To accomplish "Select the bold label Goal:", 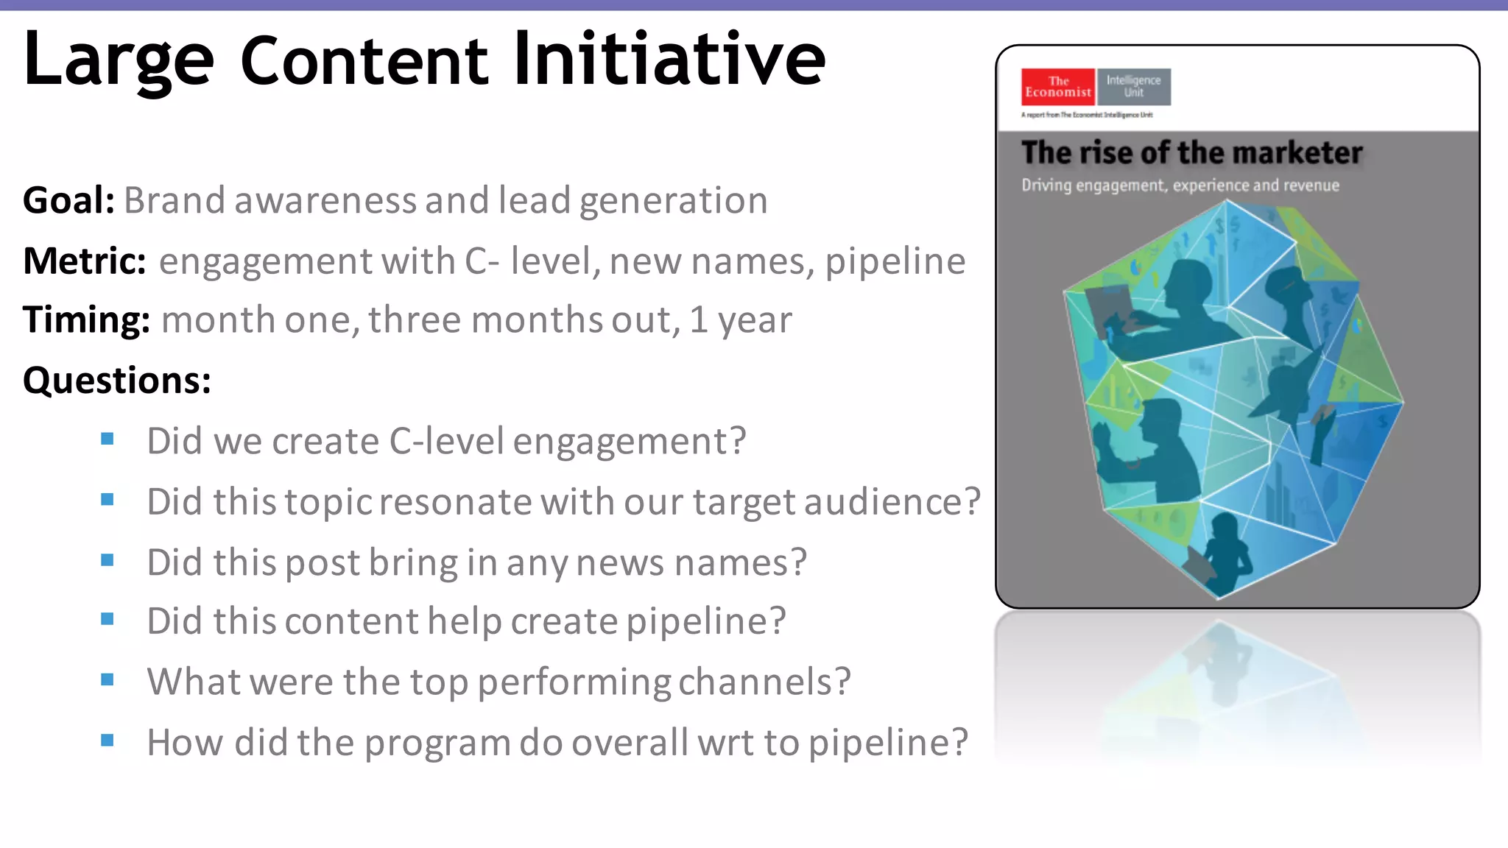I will (x=68, y=200).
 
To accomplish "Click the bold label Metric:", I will (x=85, y=261).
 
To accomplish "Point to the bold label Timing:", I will (x=86, y=320).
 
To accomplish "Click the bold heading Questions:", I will (x=117, y=381).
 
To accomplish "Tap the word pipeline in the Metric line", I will (x=895, y=262).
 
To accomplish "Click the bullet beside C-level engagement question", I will (x=108, y=439).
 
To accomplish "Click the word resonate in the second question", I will (x=456, y=502).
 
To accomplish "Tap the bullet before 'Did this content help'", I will (x=108, y=619).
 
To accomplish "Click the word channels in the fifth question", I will (x=764, y=682).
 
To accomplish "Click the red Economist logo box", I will (x=1058, y=87).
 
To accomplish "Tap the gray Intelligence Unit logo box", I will (x=1133, y=87).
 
